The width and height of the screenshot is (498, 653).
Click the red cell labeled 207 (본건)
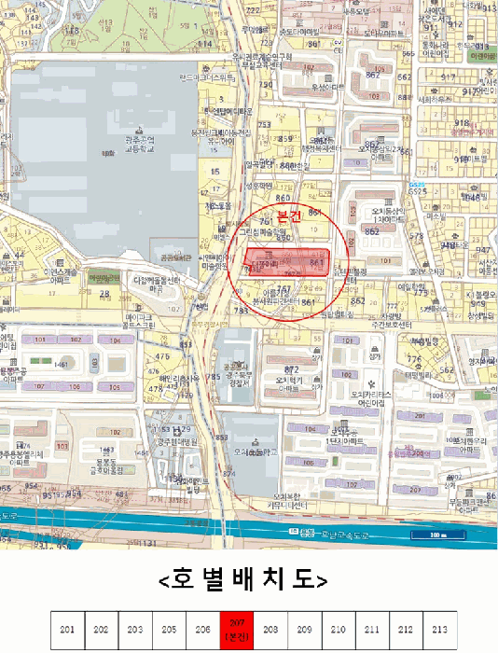pos(236,630)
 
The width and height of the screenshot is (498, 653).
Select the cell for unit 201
pos(67,630)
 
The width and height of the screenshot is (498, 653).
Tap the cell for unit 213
pos(439,630)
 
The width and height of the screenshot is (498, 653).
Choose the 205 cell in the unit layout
pos(169,630)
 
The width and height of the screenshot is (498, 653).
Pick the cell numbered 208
pos(270,630)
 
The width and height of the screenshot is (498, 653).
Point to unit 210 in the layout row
pos(338,630)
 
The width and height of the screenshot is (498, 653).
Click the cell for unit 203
pos(135,630)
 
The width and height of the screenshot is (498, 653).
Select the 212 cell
pos(406,630)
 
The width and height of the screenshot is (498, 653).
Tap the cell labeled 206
pos(202,630)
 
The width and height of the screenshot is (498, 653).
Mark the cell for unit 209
pos(304,630)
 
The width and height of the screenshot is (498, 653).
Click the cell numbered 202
pos(102,630)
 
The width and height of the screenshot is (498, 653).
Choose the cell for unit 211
pos(372,630)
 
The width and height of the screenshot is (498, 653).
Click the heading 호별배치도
pos(243,580)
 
